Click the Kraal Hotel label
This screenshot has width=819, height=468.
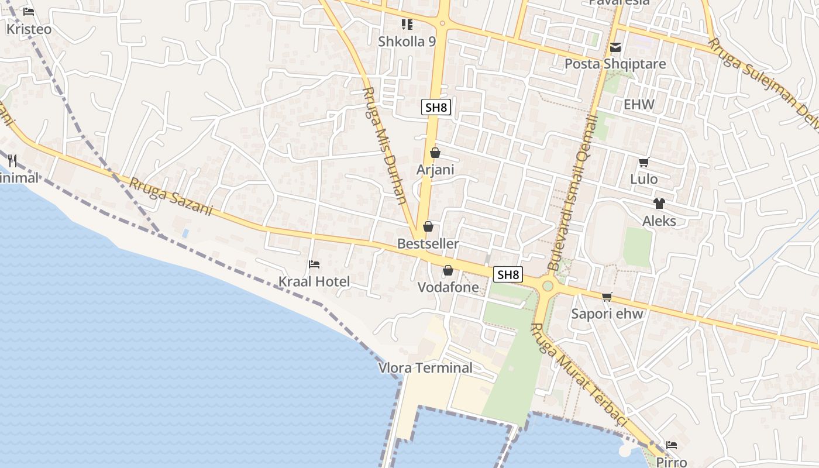[314, 281]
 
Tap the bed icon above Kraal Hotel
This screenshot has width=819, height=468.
[314, 264]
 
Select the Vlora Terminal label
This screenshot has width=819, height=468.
[425, 368]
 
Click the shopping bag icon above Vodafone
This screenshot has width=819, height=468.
[448, 270]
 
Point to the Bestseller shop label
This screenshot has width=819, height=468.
[428, 243]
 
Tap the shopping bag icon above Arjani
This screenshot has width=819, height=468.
[435, 153]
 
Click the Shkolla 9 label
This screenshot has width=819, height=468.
[407, 42]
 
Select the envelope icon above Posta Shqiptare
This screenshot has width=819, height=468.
[615, 47]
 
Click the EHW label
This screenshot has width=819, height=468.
[639, 105]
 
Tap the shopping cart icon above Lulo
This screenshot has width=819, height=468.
[644, 163]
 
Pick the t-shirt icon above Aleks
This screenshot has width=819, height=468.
[659, 204]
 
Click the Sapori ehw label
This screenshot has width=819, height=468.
[607, 314]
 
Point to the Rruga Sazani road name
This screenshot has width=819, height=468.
[170, 197]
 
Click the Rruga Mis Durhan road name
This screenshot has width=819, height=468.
[385, 145]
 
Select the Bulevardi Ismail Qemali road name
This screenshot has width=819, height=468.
[572, 193]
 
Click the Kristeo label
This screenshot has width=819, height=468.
[29, 29]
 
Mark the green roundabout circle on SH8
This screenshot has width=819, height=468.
[548, 286]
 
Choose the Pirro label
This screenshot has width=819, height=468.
[671, 462]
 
